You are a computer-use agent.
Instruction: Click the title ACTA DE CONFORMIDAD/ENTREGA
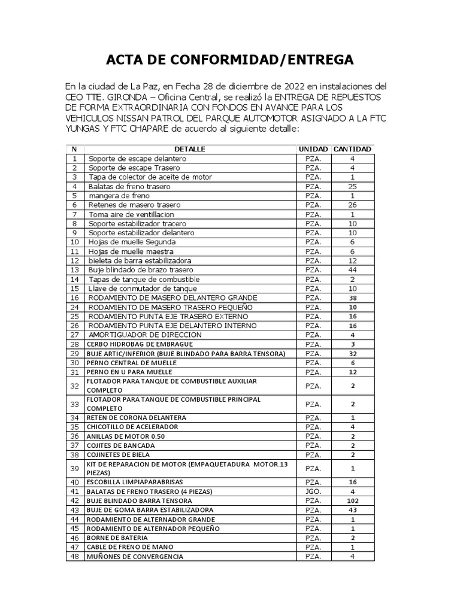(x=230, y=60)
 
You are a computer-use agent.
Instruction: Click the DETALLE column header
(x=190, y=149)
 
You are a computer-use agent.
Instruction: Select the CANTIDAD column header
(x=352, y=149)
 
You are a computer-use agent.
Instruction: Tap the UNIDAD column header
(x=313, y=149)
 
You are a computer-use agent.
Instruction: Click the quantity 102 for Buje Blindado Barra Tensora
(x=352, y=500)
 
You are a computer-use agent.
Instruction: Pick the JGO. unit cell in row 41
(x=313, y=491)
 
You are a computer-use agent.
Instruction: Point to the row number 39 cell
(x=75, y=468)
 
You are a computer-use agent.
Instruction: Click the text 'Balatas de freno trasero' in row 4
(x=129, y=187)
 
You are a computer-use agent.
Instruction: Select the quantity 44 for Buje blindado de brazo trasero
(x=352, y=270)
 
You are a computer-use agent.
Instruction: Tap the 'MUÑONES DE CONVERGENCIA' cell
(x=135, y=557)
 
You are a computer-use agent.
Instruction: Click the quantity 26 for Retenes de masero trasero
(x=352, y=205)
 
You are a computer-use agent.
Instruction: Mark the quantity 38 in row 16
(x=352, y=298)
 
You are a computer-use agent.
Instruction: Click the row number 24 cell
(x=75, y=307)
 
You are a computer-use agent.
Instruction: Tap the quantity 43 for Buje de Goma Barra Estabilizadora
(x=352, y=510)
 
